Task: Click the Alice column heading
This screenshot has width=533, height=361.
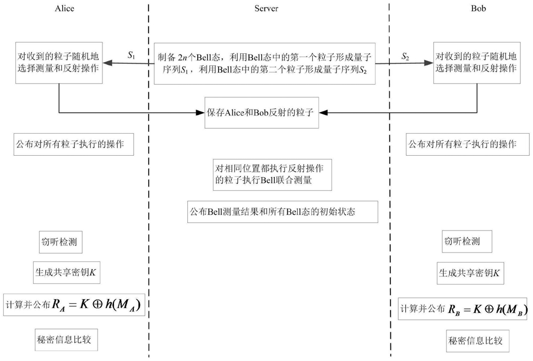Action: point(65,9)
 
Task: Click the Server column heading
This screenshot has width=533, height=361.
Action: point(266,9)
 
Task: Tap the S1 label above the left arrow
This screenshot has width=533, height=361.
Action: point(130,55)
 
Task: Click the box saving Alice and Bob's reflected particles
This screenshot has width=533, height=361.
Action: point(262,113)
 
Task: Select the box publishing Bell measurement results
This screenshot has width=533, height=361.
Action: point(282,211)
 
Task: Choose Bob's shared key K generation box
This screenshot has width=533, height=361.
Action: point(469,272)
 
